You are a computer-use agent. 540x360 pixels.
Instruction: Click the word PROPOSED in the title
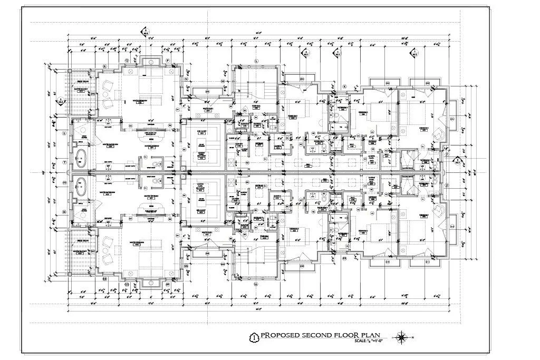[282, 336]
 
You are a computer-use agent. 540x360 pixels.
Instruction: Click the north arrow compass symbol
[402, 336]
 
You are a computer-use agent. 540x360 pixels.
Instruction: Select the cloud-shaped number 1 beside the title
[254, 337]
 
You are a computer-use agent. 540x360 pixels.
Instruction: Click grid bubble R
[105, 66]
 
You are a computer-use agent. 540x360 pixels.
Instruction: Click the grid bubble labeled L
[256, 61]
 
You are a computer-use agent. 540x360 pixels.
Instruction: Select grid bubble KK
[344, 258]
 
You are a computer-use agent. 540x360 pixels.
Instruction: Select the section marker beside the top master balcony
[62, 100]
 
